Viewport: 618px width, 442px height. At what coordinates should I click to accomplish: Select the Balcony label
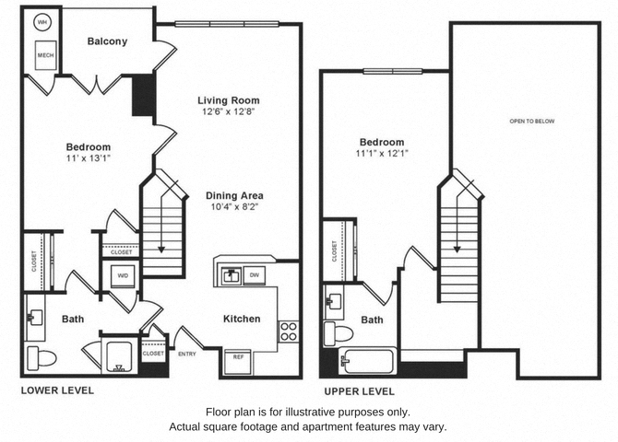click(x=107, y=41)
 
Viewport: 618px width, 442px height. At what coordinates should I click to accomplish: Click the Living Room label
click(x=228, y=100)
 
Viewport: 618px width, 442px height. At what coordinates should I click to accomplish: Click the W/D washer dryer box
click(x=122, y=275)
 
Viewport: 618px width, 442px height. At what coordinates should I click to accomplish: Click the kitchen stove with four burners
click(x=288, y=331)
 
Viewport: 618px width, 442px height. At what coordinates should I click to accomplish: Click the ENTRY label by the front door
click(x=187, y=353)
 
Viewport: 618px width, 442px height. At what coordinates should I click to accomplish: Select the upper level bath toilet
click(x=339, y=332)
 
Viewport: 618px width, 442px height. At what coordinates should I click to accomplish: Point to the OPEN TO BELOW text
click(x=532, y=122)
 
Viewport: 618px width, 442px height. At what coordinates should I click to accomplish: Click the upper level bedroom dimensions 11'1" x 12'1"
click(x=382, y=155)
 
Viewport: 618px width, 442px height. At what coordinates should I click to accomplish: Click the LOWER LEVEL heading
click(x=57, y=390)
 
